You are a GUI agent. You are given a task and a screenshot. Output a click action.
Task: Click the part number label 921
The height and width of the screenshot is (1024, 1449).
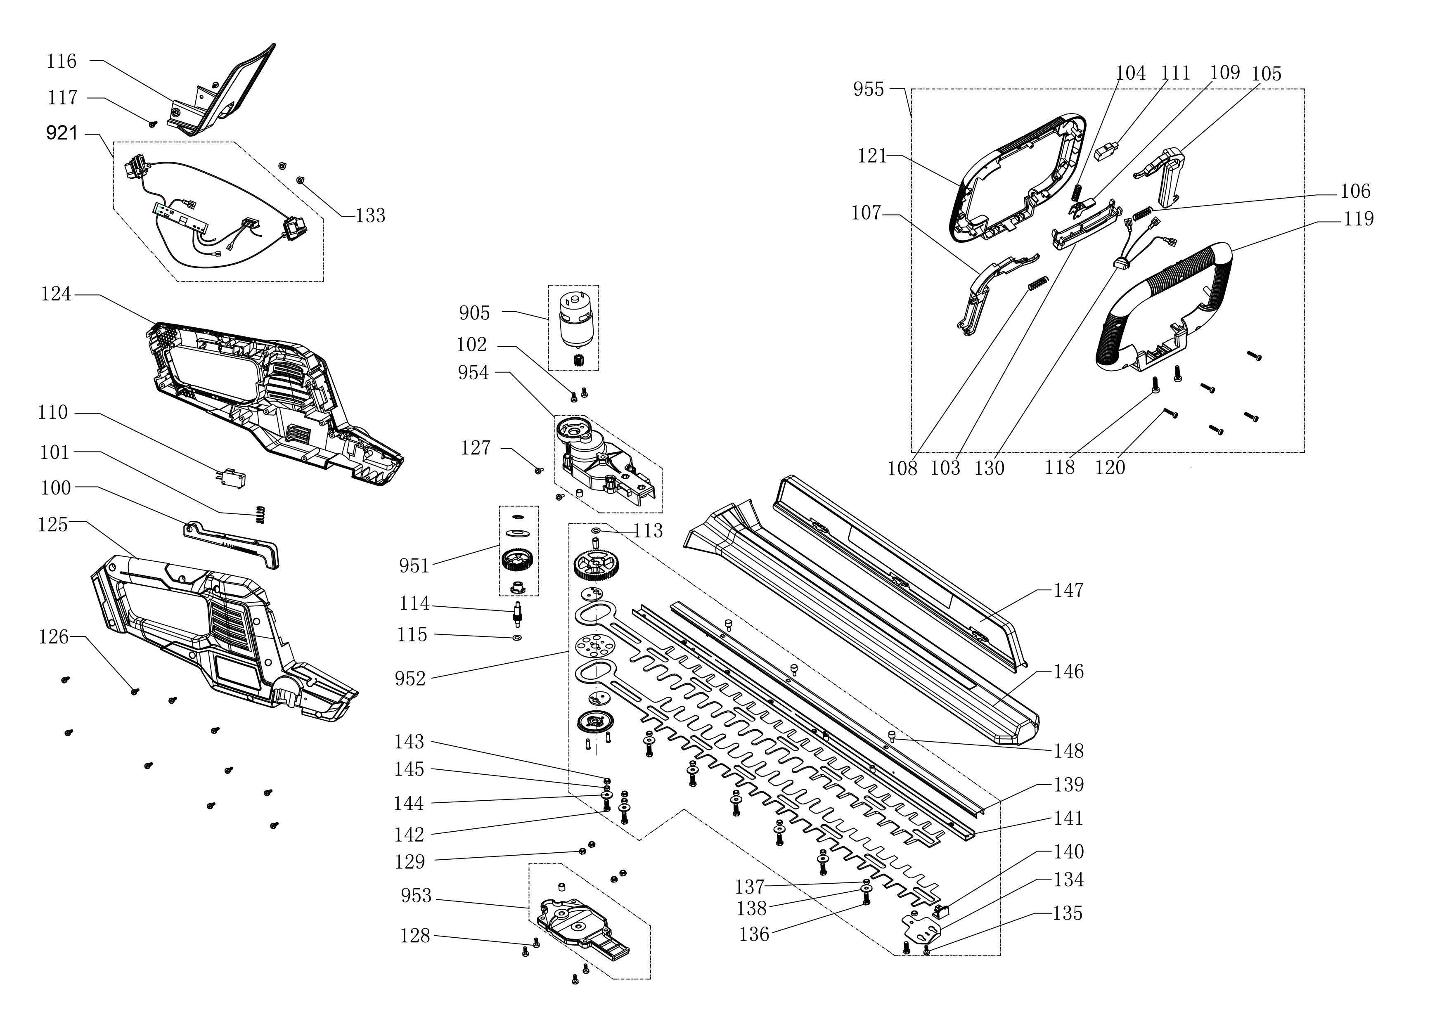click(x=62, y=133)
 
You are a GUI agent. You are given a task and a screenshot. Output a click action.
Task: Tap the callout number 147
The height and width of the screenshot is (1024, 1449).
click(x=1068, y=591)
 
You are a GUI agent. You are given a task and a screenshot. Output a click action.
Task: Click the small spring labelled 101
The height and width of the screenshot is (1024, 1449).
click(x=259, y=514)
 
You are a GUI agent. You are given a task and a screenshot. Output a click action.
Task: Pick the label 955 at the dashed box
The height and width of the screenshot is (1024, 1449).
click(x=869, y=90)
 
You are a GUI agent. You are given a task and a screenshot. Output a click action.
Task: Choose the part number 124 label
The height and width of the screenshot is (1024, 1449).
click(x=56, y=294)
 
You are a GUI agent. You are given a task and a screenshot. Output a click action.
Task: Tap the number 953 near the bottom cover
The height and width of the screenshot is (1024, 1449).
click(x=416, y=896)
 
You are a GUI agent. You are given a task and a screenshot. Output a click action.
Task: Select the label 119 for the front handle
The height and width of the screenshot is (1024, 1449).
click(x=1358, y=219)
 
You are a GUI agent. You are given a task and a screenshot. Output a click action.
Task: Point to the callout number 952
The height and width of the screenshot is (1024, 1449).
click(x=410, y=679)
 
